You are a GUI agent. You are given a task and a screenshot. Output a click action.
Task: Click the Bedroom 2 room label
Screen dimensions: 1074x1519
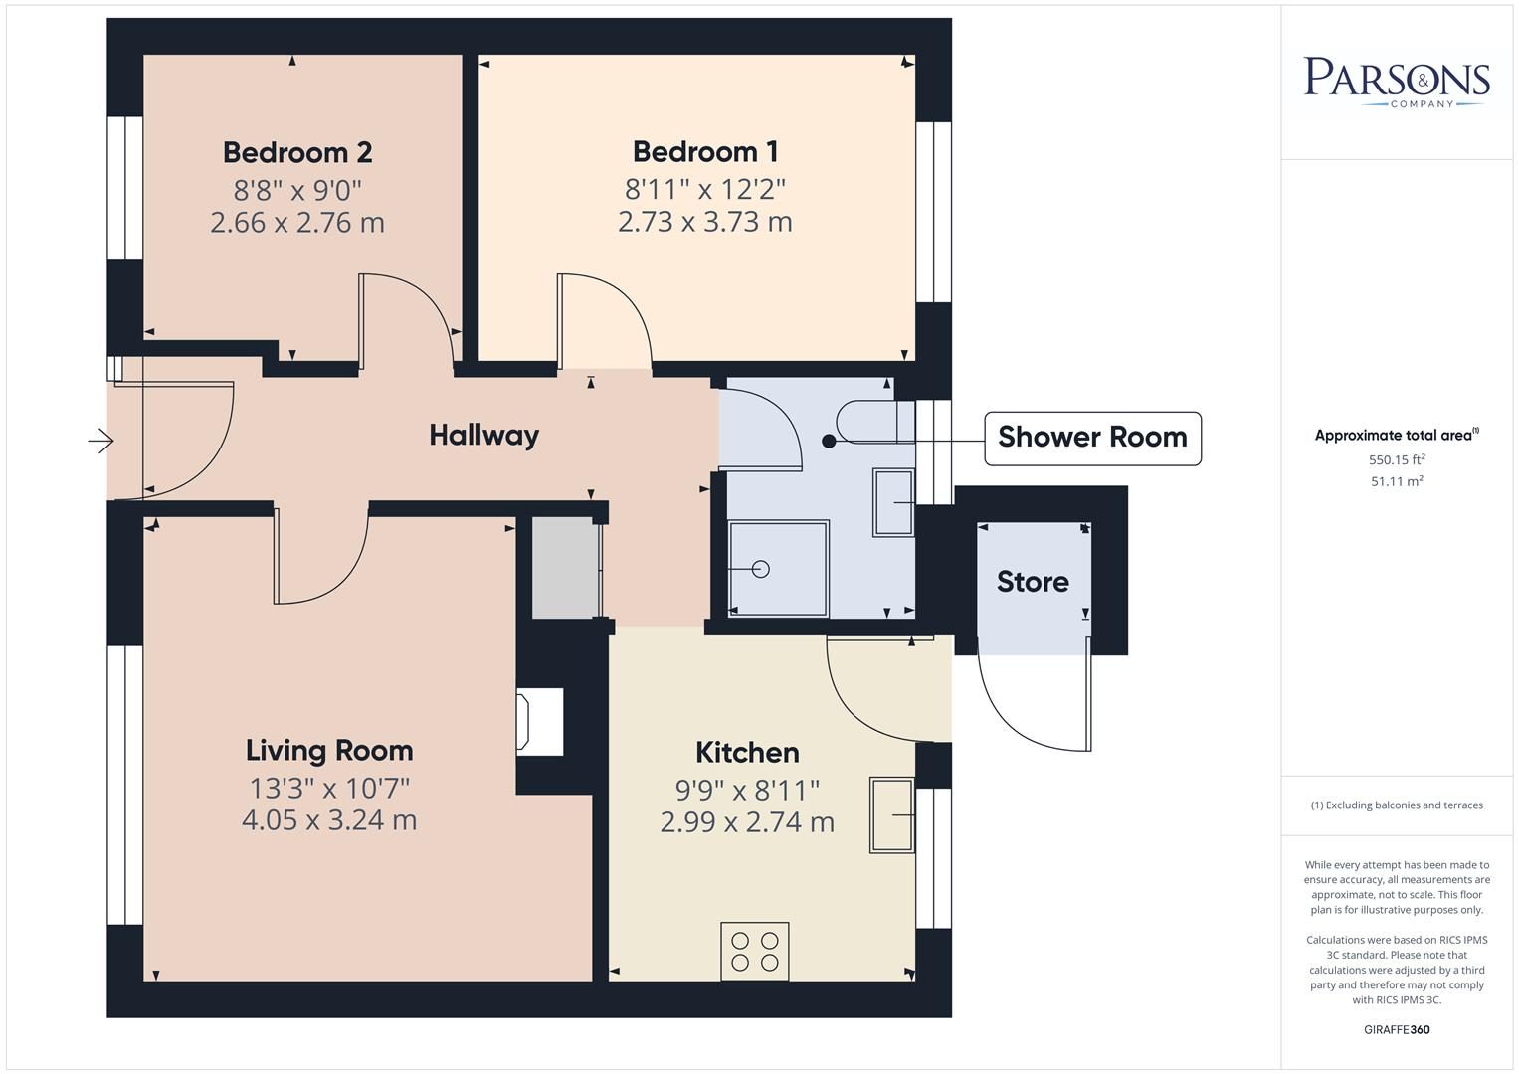click(x=297, y=152)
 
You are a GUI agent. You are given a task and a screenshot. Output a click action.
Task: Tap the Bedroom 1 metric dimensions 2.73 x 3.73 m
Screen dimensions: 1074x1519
click(x=704, y=221)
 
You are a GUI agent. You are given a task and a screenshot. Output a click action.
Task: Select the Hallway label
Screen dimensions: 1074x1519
click(x=483, y=435)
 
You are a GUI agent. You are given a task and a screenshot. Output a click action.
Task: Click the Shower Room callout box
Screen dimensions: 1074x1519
click(x=1091, y=438)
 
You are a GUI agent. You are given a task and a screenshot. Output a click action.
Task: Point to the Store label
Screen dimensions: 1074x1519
click(x=1033, y=582)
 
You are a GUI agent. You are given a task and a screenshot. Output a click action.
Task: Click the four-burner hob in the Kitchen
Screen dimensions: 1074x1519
click(x=755, y=951)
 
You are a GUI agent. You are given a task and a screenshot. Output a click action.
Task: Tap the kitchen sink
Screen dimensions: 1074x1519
click(x=892, y=814)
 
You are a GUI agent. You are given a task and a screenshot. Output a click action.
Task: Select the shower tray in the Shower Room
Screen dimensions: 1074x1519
click(x=778, y=569)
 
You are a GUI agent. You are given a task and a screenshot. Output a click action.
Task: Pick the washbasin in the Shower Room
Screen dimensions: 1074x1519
click(x=893, y=502)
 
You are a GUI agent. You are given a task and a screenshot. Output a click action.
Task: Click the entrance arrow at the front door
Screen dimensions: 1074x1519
click(x=101, y=440)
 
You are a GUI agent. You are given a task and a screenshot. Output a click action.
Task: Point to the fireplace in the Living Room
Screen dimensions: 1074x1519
click(x=538, y=721)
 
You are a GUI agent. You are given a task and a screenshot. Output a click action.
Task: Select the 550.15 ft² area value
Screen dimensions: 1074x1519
click(x=1397, y=459)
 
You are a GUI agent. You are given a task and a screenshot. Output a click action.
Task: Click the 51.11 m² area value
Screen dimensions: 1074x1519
click(x=1397, y=481)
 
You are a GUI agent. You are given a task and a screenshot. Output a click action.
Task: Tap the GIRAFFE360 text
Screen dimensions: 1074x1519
click(x=1396, y=1029)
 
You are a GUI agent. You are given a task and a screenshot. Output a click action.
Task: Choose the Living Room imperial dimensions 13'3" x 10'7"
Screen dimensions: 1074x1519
click(x=329, y=788)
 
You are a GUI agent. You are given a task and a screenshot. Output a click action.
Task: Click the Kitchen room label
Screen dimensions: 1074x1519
click(x=746, y=753)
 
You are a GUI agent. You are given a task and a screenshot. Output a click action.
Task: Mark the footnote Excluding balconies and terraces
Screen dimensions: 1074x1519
click(x=1397, y=805)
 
